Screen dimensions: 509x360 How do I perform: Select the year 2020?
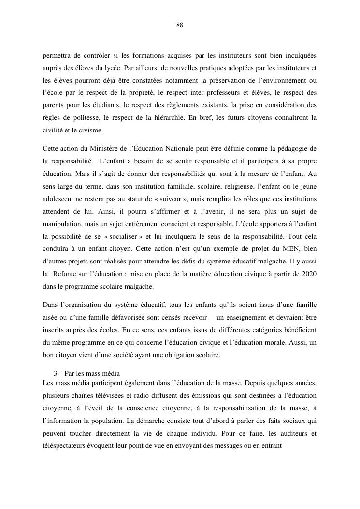tap(308, 274)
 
